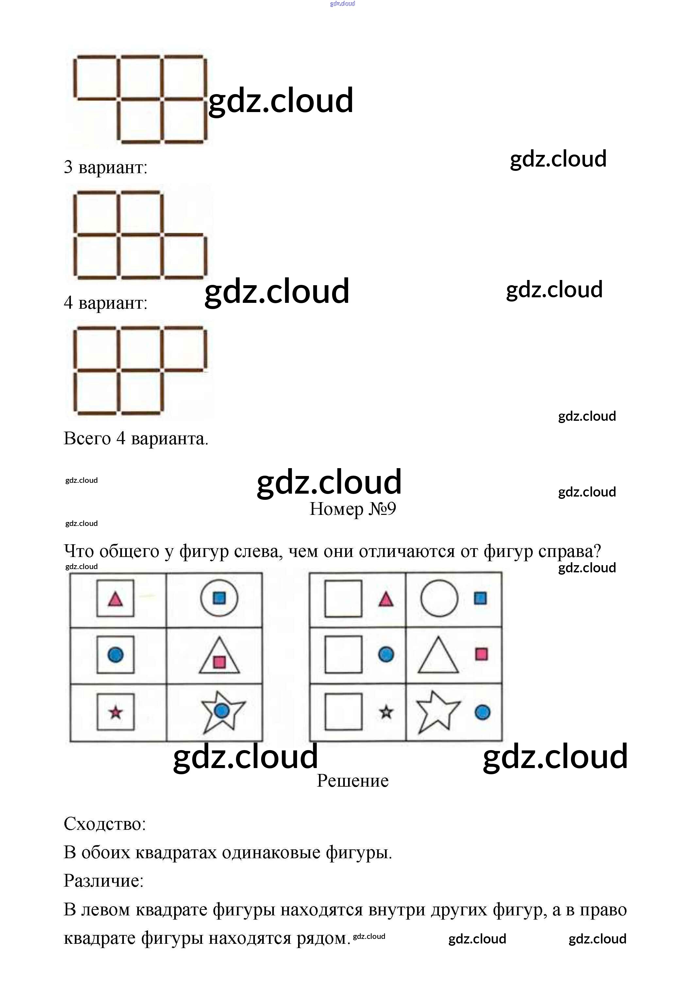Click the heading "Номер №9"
[353, 509]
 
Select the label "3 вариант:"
[106, 167]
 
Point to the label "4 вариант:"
[106, 303]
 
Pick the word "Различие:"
[103, 881]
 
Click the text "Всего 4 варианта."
[136, 438]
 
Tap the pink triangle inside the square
[115, 599]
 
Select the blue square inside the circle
[219, 598]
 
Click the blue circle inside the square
[115, 655]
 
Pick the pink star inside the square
[115, 713]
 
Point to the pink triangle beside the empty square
[386, 599]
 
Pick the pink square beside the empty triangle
[481, 654]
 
